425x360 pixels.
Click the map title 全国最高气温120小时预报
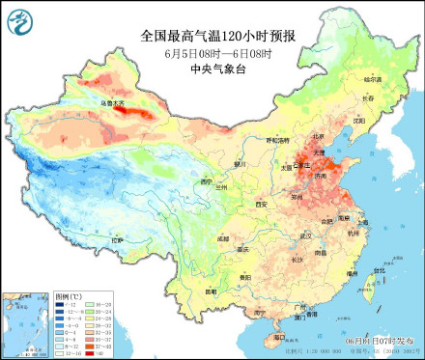coord(218,36)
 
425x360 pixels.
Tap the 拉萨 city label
coord(117,239)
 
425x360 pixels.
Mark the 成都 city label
coord(224,237)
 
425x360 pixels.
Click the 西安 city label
coord(261,205)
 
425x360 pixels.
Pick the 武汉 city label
coord(307,235)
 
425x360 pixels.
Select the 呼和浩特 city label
coord(276,140)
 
